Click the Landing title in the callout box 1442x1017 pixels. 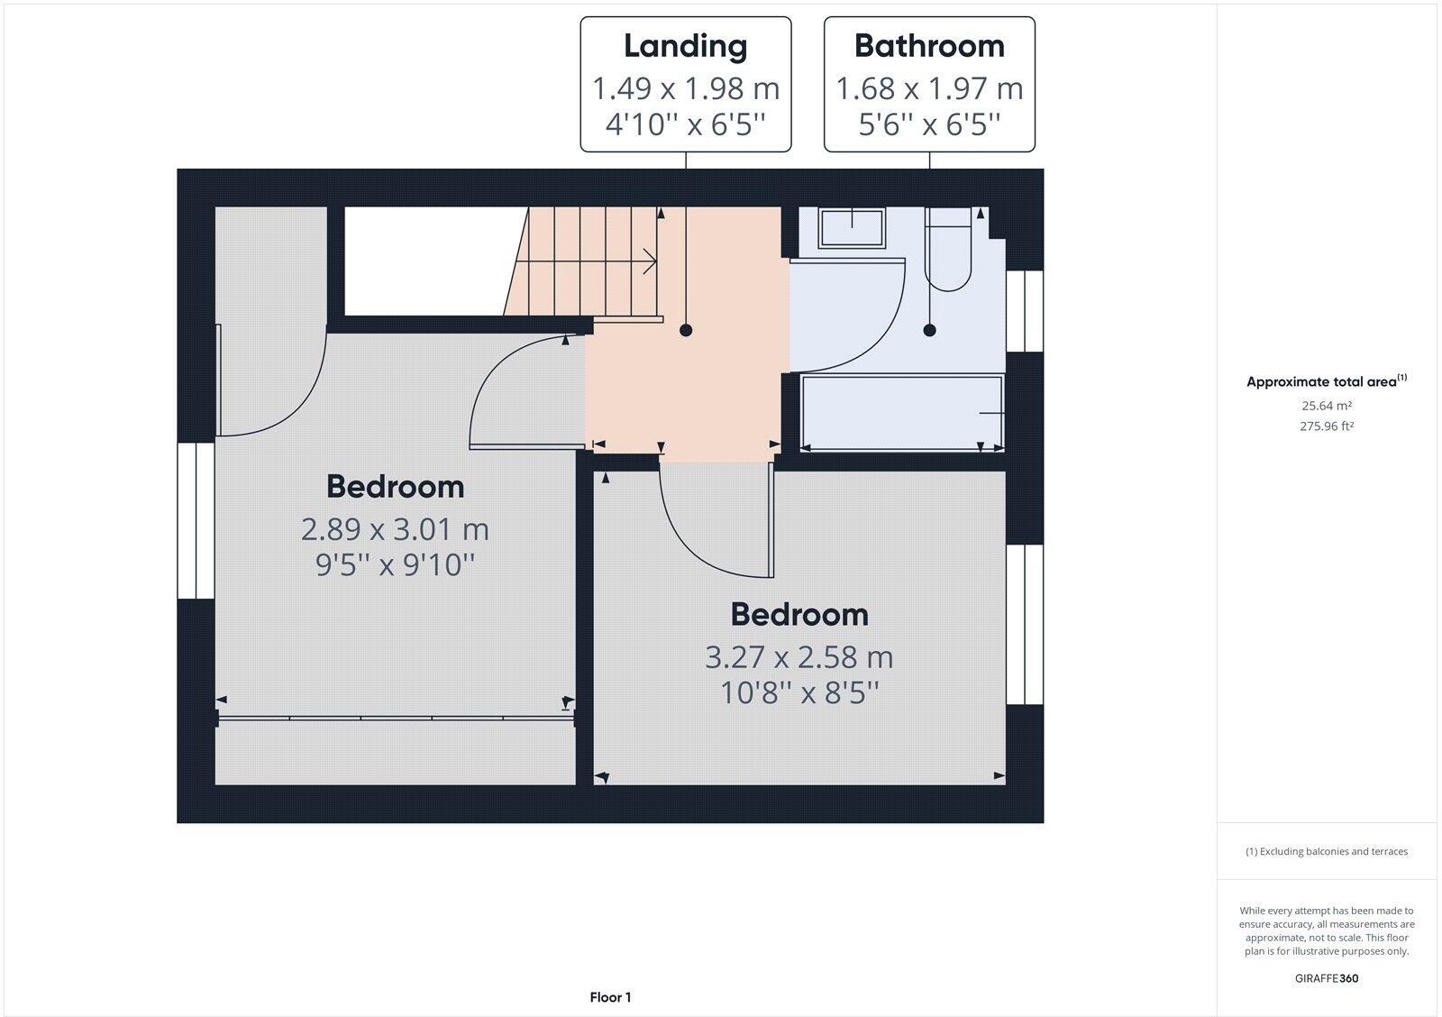[685, 46]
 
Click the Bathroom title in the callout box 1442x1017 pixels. [929, 46]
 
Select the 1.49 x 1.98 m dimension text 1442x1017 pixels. [685, 88]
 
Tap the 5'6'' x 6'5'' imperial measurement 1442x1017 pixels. [929, 124]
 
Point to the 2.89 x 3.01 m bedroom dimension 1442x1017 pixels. [395, 528]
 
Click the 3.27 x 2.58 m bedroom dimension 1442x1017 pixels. [799, 656]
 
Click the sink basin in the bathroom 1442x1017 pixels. [852, 227]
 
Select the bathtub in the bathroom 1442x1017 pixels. [902, 413]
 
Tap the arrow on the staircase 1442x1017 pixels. [647, 261]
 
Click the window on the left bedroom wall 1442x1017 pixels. [195, 520]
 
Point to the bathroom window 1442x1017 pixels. [1025, 310]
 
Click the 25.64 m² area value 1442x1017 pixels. [1326, 406]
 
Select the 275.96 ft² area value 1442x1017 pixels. [1326, 426]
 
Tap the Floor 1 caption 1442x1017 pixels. [610, 997]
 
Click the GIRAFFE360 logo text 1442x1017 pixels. [1326, 978]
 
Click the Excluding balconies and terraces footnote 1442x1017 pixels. [1326, 851]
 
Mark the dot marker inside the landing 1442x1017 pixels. [686, 330]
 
